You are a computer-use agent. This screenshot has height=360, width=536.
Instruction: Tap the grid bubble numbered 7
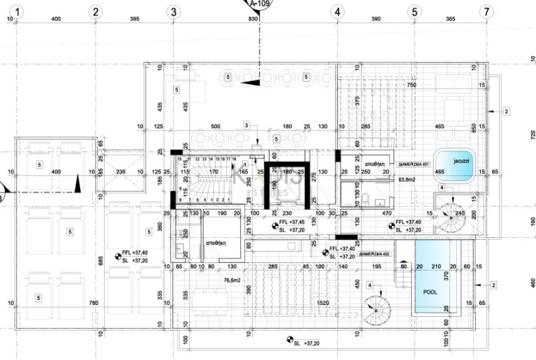tap(486, 11)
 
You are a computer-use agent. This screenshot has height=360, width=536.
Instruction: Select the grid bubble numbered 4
tap(337, 11)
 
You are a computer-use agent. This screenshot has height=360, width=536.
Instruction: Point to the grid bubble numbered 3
tap(174, 11)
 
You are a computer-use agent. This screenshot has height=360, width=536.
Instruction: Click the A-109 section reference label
tap(259, 3)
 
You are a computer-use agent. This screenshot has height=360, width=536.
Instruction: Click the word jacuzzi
tap(461, 161)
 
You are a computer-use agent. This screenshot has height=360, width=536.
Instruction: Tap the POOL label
tap(430, 292)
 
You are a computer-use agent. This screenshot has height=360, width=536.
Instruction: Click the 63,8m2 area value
tap(407, 179)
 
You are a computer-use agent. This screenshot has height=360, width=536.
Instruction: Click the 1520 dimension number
tap(323, 303)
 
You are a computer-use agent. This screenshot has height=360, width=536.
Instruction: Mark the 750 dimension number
tap(412, 85)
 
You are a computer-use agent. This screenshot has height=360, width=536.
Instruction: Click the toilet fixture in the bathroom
tap(366, 200)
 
